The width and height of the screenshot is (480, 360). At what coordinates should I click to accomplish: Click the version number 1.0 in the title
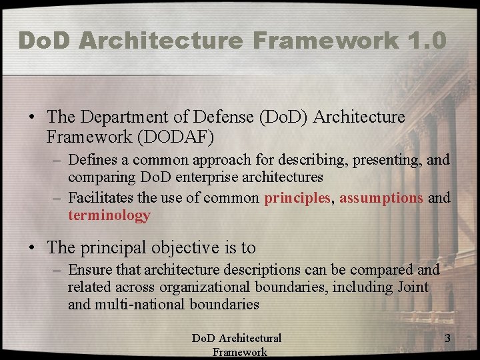425,40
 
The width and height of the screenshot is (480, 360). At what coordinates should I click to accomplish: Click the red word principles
297,198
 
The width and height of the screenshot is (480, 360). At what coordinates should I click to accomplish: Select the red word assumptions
381,198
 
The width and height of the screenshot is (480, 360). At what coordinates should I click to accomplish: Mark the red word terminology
109,215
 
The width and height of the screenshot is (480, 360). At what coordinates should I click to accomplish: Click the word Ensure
89,270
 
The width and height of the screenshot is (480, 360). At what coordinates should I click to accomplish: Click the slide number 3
447,339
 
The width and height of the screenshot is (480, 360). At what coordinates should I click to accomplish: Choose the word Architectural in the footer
249,339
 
